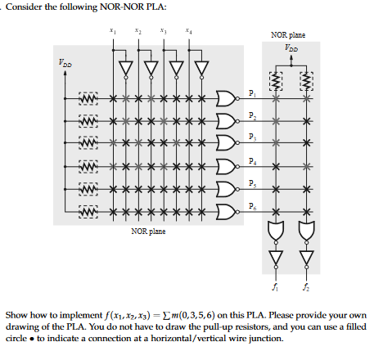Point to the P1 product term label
tap(253, 92)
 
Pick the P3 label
tap(253, 138)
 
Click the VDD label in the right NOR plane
tap(292, 47)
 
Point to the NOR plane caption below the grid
tap(148, 232)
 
